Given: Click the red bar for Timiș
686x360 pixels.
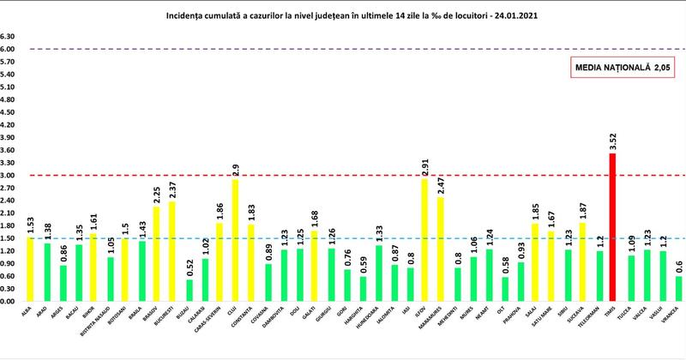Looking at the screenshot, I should click(x=612, y=227).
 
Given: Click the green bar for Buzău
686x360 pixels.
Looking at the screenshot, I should click(x=190, y=291).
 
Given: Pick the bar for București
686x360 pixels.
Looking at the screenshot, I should click(x=172, y=251).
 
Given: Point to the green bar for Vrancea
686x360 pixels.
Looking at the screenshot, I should click(x=677, y=289).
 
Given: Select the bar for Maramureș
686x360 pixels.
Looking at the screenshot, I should click(x=441, y=249).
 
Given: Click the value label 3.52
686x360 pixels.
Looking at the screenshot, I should click(x=612, y=141).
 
